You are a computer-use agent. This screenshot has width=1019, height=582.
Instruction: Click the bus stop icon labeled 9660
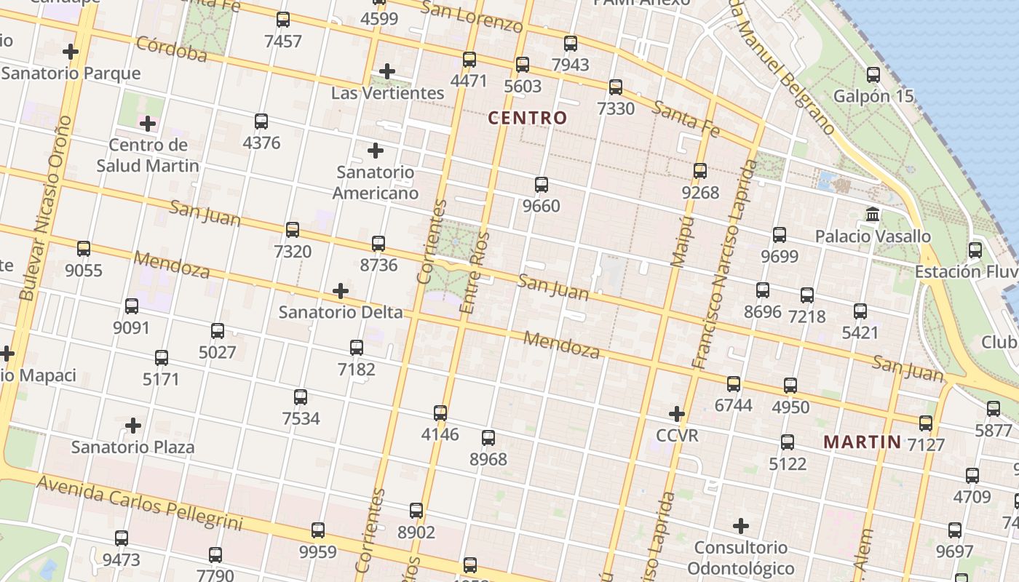tap(542, 185)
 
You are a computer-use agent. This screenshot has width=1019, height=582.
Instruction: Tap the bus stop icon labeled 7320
tap(293, 230)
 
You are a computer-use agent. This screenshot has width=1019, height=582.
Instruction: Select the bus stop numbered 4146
tap(440, 413)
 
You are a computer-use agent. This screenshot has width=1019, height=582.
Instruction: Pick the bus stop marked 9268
tap(700, 171)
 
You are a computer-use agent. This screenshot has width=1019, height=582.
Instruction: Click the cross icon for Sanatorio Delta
tap(340, 292)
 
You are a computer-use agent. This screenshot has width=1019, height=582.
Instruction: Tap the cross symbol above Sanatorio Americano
tap(376, 151)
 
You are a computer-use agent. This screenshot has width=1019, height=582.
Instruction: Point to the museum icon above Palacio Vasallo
tap(873, 215)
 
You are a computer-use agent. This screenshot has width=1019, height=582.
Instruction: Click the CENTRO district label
tap(527, 117)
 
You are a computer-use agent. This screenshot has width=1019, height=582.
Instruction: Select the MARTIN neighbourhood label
tap(863, 442)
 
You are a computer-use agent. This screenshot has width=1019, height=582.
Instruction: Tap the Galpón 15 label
tap(873, 96)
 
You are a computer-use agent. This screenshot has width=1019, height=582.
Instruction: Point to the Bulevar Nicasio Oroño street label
tap(46, 207)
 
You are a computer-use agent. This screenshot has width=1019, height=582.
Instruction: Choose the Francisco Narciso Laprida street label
tap(720, 266)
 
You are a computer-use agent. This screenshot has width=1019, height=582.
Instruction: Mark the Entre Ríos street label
tap(475, 273)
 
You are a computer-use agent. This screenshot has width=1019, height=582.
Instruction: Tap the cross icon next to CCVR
tap(677, 415)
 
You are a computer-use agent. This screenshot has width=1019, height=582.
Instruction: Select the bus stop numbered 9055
tap(84, 249)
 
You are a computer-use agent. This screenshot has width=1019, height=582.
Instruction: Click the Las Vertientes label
tap(387, 93)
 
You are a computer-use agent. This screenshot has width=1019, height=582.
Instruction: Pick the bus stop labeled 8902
tap(416, 511)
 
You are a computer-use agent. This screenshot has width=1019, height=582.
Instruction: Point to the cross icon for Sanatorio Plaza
tap(133, 426)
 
